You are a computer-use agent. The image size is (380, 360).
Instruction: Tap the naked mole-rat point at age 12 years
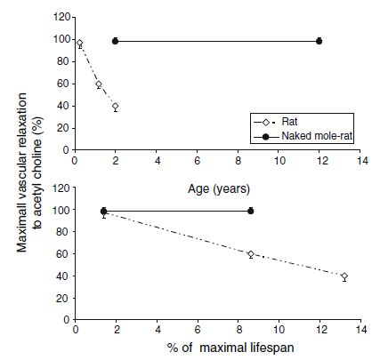click(319, 41)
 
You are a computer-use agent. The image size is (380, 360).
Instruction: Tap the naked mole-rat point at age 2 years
click(115, 41)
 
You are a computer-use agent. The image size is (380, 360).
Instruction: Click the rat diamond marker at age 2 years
click(115, 107)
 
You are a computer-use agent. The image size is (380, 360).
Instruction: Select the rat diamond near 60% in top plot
click(99, 84)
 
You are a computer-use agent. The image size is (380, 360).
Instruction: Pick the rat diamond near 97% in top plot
click(79, 44)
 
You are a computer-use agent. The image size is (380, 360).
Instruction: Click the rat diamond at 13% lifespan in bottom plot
click(344, 276)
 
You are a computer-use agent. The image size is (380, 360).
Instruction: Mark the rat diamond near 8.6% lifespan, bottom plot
click(250, 254)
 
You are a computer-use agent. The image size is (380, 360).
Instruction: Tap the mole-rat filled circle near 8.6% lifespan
click(250, 211)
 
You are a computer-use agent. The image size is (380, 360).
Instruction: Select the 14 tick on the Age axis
click(360, 162)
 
